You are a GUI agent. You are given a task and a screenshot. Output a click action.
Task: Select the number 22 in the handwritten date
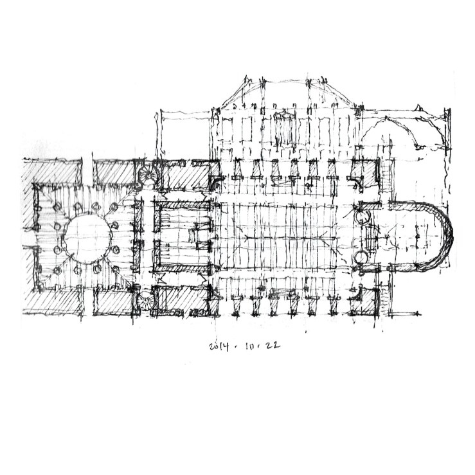coord(273,346)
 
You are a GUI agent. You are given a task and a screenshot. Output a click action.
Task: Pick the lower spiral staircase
coord(145,300)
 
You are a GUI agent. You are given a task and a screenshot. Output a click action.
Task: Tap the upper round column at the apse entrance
coord(362,217)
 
